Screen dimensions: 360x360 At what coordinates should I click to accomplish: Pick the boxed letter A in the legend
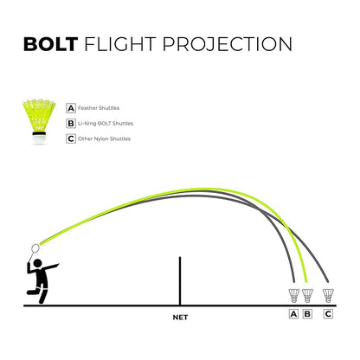70,110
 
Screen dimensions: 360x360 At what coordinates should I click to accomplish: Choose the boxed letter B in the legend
70,125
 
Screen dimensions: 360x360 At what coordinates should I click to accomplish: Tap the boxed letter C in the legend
70,138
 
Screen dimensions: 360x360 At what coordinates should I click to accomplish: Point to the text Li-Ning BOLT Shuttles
105,125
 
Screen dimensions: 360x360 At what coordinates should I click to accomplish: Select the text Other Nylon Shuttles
104,138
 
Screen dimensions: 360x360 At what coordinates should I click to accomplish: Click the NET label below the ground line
180,318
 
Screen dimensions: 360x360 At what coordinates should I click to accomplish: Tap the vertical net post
180,280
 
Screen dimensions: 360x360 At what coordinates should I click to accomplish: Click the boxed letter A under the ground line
293,313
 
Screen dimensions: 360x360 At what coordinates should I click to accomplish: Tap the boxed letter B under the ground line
306,313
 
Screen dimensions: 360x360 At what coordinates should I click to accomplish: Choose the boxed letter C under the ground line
327,313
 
